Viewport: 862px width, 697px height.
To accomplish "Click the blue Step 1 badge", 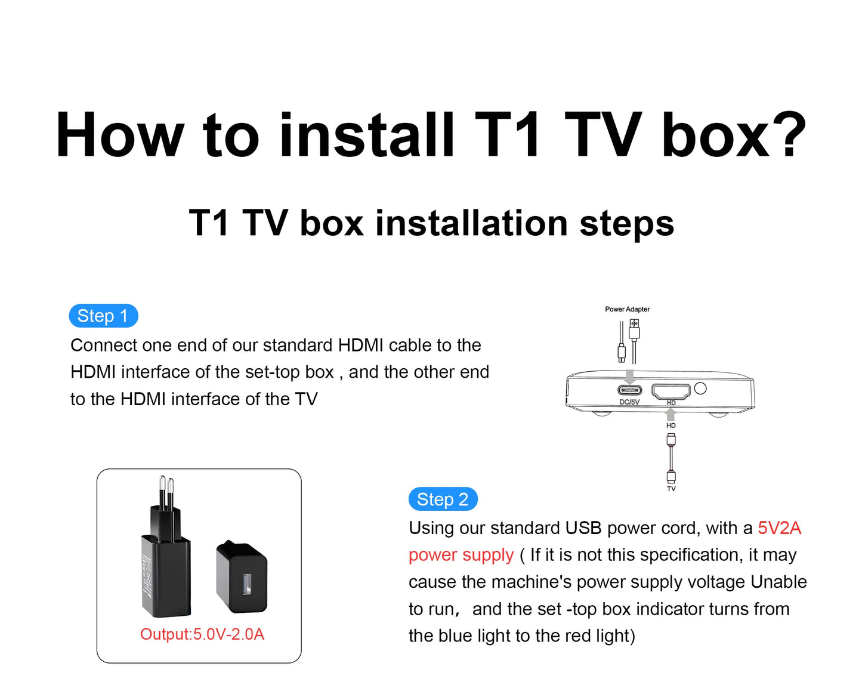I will pos(103,316).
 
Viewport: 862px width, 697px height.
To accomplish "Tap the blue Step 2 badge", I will pos(443,499).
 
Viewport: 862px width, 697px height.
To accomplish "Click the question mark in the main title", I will pos(786,135).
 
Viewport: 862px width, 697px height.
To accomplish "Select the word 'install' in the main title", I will pos(367,135).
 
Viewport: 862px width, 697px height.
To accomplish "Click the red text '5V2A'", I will pos(779,528).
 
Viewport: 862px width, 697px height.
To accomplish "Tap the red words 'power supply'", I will pos(461,555).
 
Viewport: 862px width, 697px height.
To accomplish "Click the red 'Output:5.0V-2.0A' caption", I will pos(202,634).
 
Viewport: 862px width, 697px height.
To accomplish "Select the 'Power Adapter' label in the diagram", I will pos(627,309).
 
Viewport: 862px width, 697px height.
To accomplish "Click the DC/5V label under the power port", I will pos(629,402).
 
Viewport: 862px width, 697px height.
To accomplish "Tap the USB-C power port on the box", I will pos(629,390).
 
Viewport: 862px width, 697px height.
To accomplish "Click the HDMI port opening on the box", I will pos(671,391).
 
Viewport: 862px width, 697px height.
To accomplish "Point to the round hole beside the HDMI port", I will pos(700,388).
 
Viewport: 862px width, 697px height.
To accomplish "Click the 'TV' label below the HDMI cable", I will pos(671,489).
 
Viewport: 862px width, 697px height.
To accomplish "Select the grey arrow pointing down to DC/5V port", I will pos(629,377).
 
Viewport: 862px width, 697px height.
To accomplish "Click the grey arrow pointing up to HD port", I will pos(671,414).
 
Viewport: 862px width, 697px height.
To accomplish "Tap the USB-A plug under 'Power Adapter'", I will pos(634,329).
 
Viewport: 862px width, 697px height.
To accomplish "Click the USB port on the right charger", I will pos(246,584).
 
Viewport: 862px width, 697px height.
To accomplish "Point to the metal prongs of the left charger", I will pos(166,492).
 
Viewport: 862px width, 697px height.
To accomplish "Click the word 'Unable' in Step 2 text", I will pos(778,582).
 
